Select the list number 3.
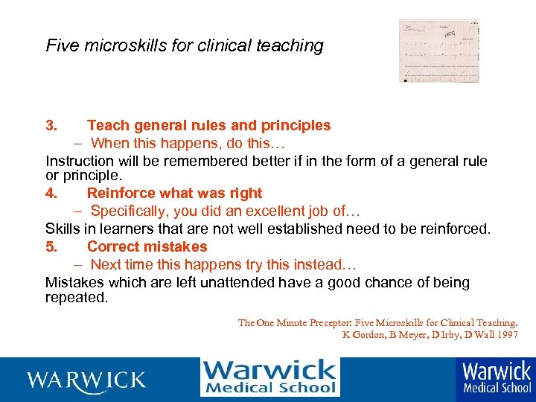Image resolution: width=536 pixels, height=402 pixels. click(x=51, y=126)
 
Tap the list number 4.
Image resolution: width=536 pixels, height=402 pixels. click(x=51, y=194)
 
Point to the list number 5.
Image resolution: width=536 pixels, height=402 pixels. click(x=51, y=246)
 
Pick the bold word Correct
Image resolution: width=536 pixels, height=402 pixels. click(x=113, y=246)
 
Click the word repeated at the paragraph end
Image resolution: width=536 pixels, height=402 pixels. click(x=76, y=298)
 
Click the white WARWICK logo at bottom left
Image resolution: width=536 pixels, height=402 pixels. click(x=86, y=380)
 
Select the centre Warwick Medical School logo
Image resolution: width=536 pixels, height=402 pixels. click(x=269, y=377)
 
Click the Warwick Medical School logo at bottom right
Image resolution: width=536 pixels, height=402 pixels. click(x=497, y=377)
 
